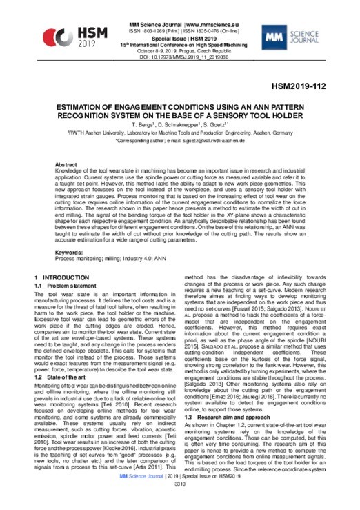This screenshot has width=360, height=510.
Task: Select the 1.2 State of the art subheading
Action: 63,358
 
